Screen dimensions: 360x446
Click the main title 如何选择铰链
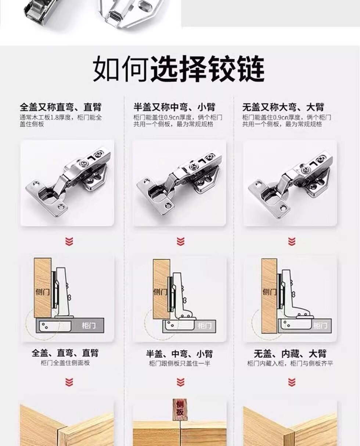click(x=179, y=69)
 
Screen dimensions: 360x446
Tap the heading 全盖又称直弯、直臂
click(x=61, y=107)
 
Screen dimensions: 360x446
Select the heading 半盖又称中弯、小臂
click(x=174, y=107)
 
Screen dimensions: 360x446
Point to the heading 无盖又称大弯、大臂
click(x=283, y=107)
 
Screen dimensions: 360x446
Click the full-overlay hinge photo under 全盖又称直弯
click(x=67, y=183)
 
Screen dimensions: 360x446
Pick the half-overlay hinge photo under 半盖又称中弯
click(x=179, y=183)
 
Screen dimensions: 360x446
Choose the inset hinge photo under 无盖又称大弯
click(x=290, y=183)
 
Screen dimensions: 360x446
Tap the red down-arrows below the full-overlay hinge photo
click(x=69, y=241)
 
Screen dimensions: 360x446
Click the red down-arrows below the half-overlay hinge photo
click(x=180, y=241)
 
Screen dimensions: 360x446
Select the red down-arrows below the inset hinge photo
click(x=292, y=241)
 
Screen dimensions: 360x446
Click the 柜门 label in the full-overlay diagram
click(x=89, y=325)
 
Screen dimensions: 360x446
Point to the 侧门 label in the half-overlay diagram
click(x=160, y=292)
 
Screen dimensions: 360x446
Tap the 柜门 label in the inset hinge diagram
click(x=320, y=325)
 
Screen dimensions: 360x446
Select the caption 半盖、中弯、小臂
click(x=179, y=354)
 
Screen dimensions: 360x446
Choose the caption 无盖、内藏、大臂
click(x=290, y=354)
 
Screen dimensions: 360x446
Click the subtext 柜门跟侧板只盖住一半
click(x=179, y=363)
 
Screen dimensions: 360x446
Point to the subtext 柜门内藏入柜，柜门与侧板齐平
click(x=290, y=363)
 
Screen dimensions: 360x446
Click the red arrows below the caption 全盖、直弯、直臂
click(x=69, y=382)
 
